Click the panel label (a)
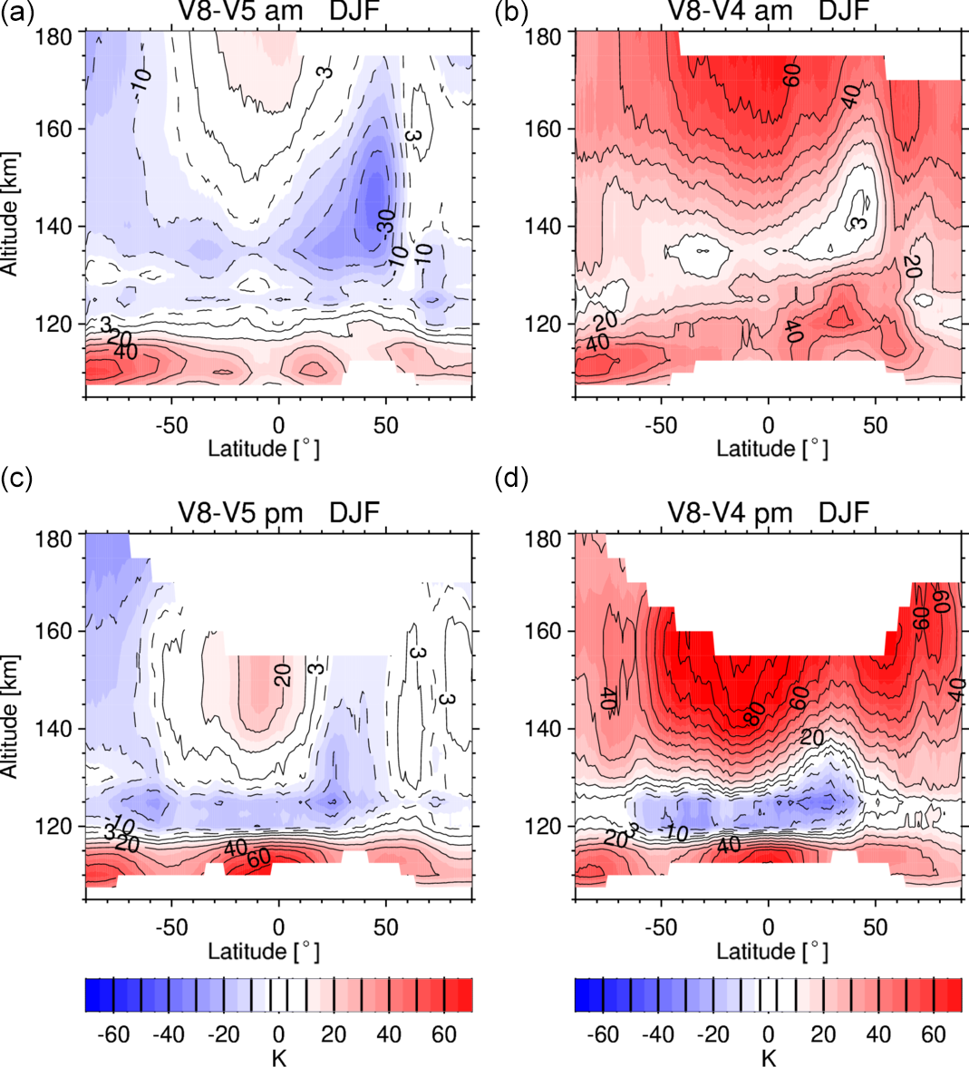17,13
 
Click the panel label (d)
515,478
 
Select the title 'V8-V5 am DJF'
278,12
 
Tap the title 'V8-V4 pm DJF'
768,513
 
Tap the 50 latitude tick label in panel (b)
876,425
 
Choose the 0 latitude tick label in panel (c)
278,927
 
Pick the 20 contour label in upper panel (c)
281,674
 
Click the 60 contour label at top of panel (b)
790,79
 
